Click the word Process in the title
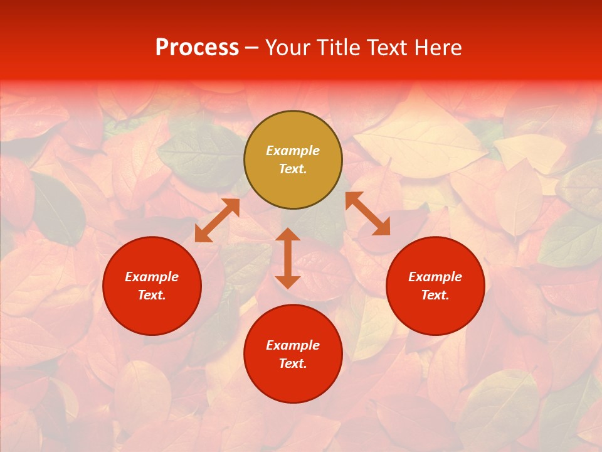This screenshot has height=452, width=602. coord(197,48)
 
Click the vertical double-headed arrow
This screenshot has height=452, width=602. coord(288,258)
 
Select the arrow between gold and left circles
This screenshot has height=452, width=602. coord(218,220)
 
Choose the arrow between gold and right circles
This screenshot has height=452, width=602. coord(367,213)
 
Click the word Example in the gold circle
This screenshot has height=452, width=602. coord(293,151)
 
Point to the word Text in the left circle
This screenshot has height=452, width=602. coord(152,295)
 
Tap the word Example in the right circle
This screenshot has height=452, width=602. coord(435,277)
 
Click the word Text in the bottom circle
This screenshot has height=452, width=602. coord(293,363)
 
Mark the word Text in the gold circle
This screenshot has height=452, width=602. coord(293,169)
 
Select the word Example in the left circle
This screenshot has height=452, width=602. coord(152,277)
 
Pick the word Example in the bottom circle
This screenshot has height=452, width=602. coord(293,345)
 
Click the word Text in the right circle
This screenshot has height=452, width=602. coord(435,295)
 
